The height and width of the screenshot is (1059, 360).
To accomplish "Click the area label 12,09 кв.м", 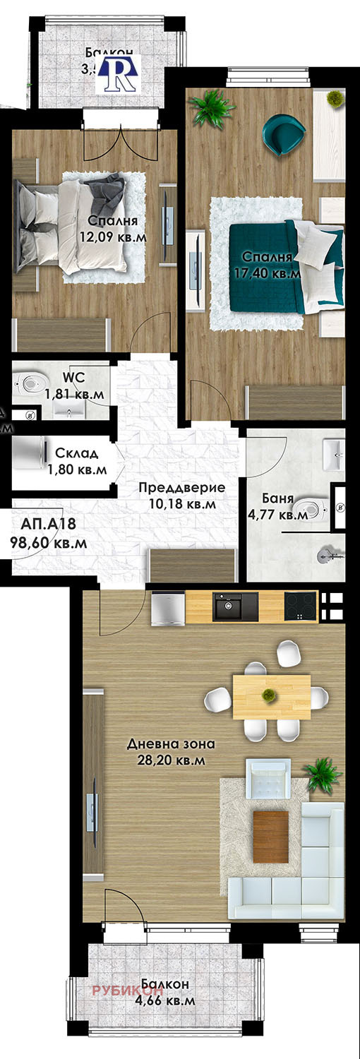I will tap(116, 237).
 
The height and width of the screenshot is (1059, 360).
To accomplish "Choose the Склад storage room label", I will tap(77, 453).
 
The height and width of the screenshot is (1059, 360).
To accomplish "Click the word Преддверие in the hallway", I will tap(182, 488).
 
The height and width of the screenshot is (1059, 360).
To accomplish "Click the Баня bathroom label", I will tap(281, 499).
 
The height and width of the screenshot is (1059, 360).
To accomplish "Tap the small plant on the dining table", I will tap(268, 695).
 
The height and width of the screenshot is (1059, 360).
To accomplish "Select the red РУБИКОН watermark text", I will tap(121, 991).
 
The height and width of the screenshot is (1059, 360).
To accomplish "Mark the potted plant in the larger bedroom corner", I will tap(212, 108).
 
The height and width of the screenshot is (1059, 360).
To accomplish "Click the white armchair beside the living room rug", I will tap(268, 778).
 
